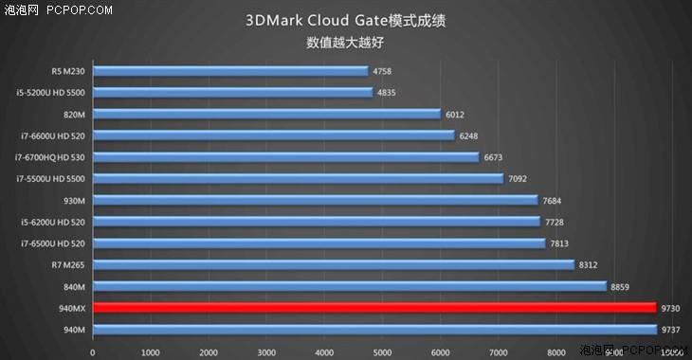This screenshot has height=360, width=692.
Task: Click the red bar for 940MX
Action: [x=373, y=308]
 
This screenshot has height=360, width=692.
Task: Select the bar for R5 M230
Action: [x=229, y=71]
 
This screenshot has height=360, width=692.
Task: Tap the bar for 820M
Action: [x=266, y=114]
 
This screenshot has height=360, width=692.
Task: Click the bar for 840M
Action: [x=349, y=286]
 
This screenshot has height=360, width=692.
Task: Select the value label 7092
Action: [x=518, y=178]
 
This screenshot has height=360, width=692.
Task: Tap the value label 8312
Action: [x=588, y=264]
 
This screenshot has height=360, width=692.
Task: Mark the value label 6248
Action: [x=468, y=135]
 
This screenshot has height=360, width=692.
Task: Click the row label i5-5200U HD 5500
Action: [x=50, y=93]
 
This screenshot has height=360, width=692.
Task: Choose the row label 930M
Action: [x=73, y=200]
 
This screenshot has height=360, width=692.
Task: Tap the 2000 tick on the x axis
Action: [x=208, y=351]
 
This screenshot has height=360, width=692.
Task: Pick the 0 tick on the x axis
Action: [x=92, y=351]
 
